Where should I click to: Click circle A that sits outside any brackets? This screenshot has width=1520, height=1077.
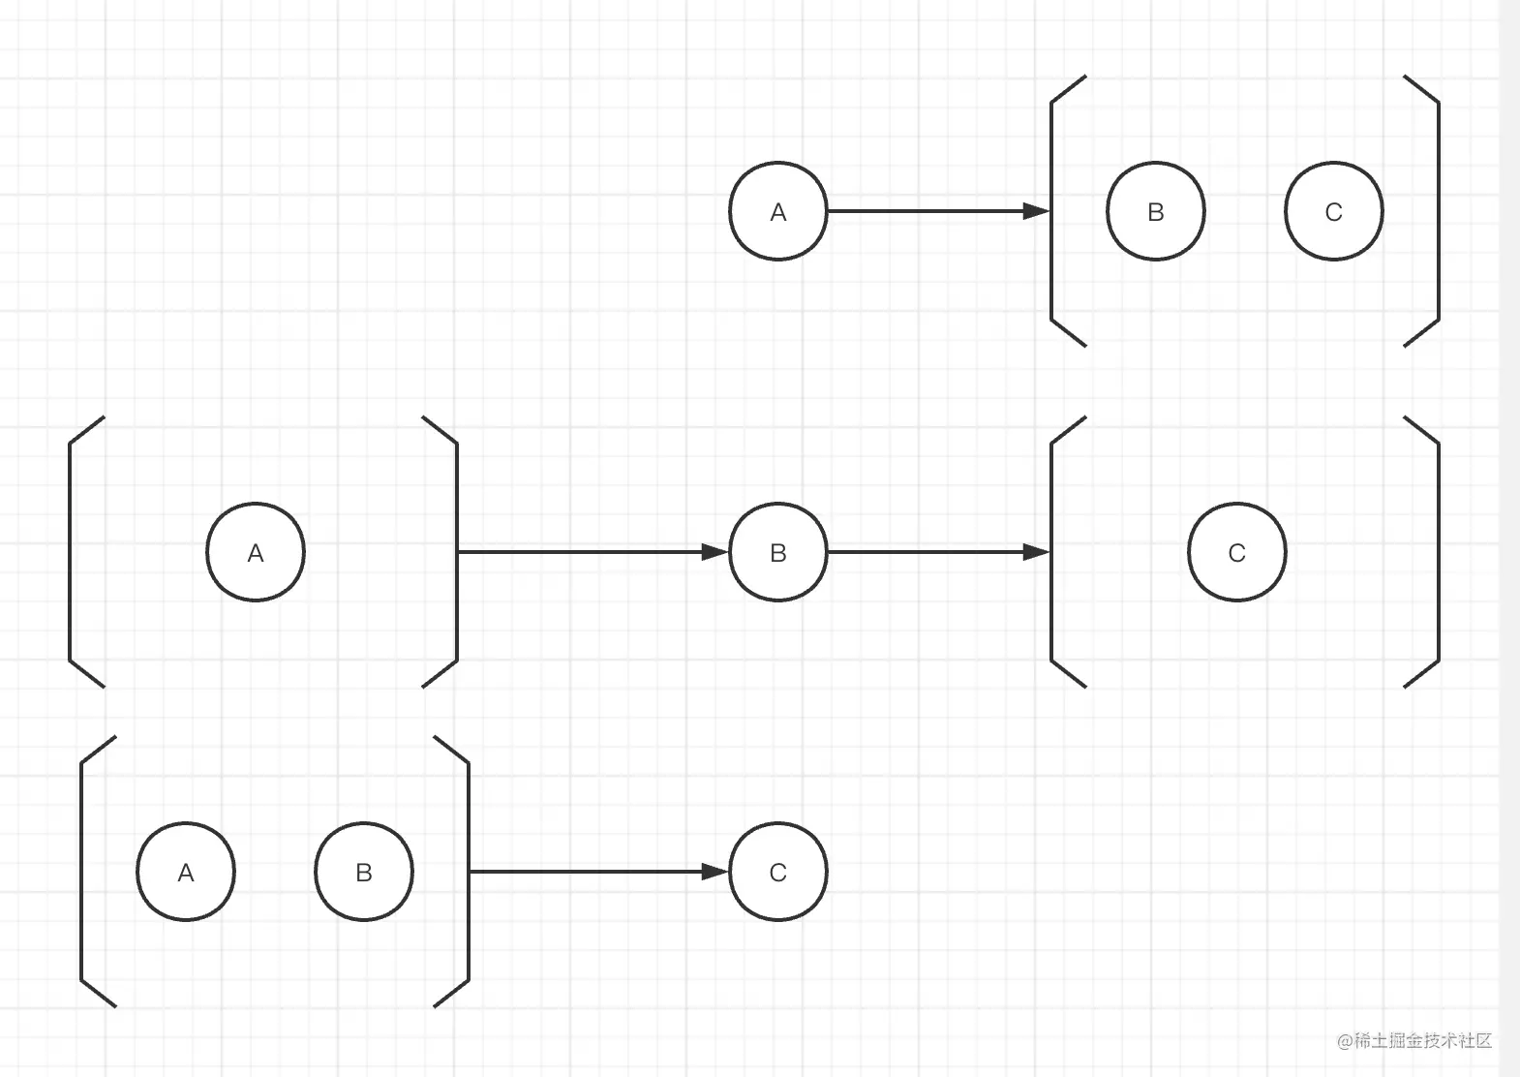pos(778,211)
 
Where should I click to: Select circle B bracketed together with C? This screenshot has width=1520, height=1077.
pos(1156,211)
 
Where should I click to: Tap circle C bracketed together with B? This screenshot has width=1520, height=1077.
pos(1334,211)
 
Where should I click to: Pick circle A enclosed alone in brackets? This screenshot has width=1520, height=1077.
pos(256,552)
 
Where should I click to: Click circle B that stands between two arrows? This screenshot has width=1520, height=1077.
pos(778,552)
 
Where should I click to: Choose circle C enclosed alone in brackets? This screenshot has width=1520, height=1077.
pos(1237,552)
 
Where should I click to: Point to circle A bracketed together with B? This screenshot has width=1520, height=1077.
pos(186,872)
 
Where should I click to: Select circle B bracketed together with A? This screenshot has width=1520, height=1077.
pos(364,872)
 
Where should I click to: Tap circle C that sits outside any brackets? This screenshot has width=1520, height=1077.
pos(778,872)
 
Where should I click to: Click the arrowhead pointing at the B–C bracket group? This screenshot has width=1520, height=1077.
pos(1037,211)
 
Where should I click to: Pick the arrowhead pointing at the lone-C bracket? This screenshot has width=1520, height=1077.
pos(1037,552)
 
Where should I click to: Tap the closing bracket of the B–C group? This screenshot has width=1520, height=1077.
pos(1438,211)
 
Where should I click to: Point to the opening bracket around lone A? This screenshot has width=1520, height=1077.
pos(71,552)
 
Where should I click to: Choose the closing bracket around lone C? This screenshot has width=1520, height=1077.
pos(1438,552)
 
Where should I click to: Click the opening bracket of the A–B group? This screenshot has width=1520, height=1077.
pos(82,872)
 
